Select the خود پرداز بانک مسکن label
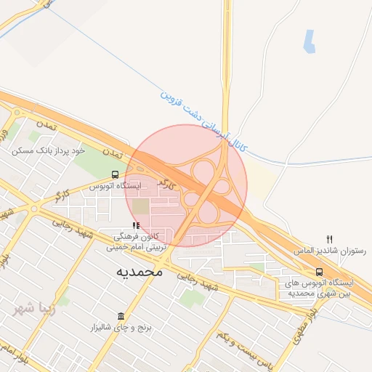[48, 150]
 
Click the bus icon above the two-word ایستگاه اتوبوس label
[115, 175]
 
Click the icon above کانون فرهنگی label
[136, 226]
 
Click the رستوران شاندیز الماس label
[330, 250]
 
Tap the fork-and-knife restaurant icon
[330, 238]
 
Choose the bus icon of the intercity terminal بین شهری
[320, 272]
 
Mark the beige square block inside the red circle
[139, 206]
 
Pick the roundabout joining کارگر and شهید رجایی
[34, 209]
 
